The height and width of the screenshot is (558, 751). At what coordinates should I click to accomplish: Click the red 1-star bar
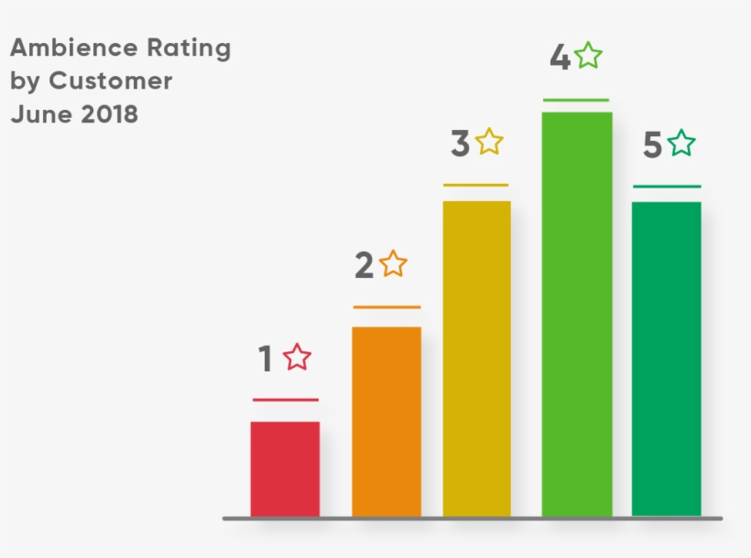[x=285, y=468]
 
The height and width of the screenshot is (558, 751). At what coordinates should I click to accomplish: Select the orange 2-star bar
[x=386, y=421]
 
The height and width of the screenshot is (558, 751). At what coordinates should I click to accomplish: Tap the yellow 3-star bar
[x=476, y=358]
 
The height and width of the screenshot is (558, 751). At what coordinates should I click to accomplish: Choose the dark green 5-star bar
[x=666, y=358]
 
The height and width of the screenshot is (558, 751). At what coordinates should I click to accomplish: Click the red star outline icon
[x=297, y=358]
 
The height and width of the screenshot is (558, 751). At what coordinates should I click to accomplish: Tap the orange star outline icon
[x=393, y=263]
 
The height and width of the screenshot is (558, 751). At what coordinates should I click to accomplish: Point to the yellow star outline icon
[x=489, y=142]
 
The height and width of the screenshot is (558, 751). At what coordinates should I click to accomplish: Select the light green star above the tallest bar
[x=588, y=56]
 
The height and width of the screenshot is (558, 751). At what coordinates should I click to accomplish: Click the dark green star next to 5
[x=680, y=144]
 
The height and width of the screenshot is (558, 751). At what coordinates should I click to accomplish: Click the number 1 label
[x=266, y=359]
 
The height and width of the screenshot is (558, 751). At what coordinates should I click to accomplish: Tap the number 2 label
[x=364, y=266]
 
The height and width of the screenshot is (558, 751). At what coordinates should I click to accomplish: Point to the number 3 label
[x=460, y=145]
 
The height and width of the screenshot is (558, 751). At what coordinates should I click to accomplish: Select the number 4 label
[x=560, y=58]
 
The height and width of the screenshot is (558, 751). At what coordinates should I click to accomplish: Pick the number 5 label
[x=652, y=146]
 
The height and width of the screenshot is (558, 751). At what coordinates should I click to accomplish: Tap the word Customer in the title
[x=110, y=80]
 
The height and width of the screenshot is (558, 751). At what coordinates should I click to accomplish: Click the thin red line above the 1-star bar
[x=285, y=400]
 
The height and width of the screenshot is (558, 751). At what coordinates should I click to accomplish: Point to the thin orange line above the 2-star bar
[x=386, y=307]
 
